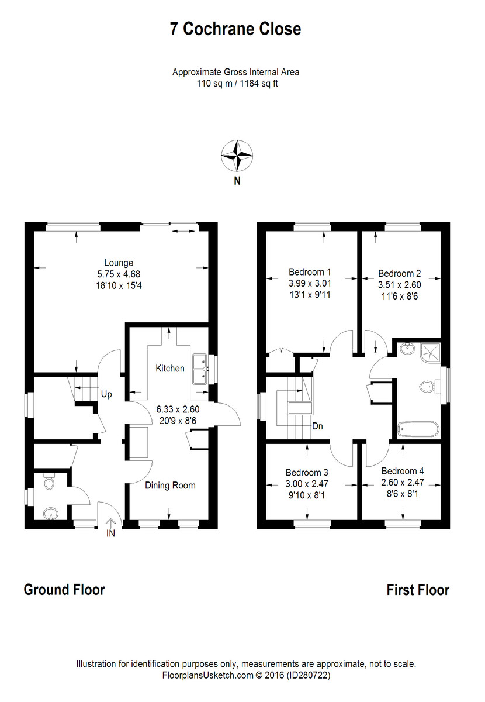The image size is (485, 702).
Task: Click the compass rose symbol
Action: pos(237,156)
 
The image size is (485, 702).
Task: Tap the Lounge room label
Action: pos(119,262)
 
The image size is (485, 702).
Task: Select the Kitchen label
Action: pos(170,368)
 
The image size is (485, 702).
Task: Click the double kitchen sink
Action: pos(200,369)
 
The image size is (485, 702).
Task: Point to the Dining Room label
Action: pos(170,486)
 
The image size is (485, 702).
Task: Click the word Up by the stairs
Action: pos(106,394)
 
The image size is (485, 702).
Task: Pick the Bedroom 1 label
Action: pos(310,271)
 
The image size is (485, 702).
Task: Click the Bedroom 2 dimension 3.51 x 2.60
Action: pos(400,285)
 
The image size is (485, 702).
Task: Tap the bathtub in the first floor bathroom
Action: pos(418,429)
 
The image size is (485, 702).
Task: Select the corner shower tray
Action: pos(431,353)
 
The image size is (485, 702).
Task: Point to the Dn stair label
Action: pos(317,426)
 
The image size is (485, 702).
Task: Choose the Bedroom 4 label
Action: pos(403,471)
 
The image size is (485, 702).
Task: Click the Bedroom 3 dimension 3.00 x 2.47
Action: pos(307,484)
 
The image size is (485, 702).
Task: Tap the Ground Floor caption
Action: pos(64,590)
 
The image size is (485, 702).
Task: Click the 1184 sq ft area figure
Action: pos(259,84)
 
